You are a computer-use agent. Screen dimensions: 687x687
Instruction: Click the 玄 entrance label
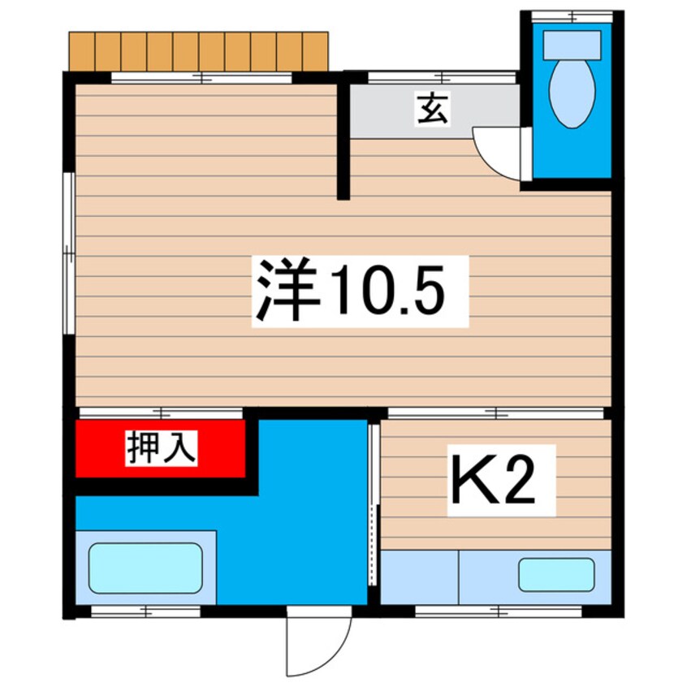click(432, 110)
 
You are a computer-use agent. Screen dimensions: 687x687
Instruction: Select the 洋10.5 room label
click(360, 291)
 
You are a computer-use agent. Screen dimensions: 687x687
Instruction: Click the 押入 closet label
click(161, 448)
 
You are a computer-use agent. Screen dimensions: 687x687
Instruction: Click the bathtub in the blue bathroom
click(145, 568)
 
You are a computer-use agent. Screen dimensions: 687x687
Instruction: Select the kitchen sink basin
click(556, 575)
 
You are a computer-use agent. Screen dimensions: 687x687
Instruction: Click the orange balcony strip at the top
click(199, 51)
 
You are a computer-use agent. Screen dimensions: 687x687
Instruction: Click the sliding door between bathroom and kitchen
click(374, 503)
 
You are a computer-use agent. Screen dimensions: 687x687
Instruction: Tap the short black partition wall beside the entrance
click(343, 138)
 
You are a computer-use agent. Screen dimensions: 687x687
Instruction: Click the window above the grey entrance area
click(442, 78)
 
